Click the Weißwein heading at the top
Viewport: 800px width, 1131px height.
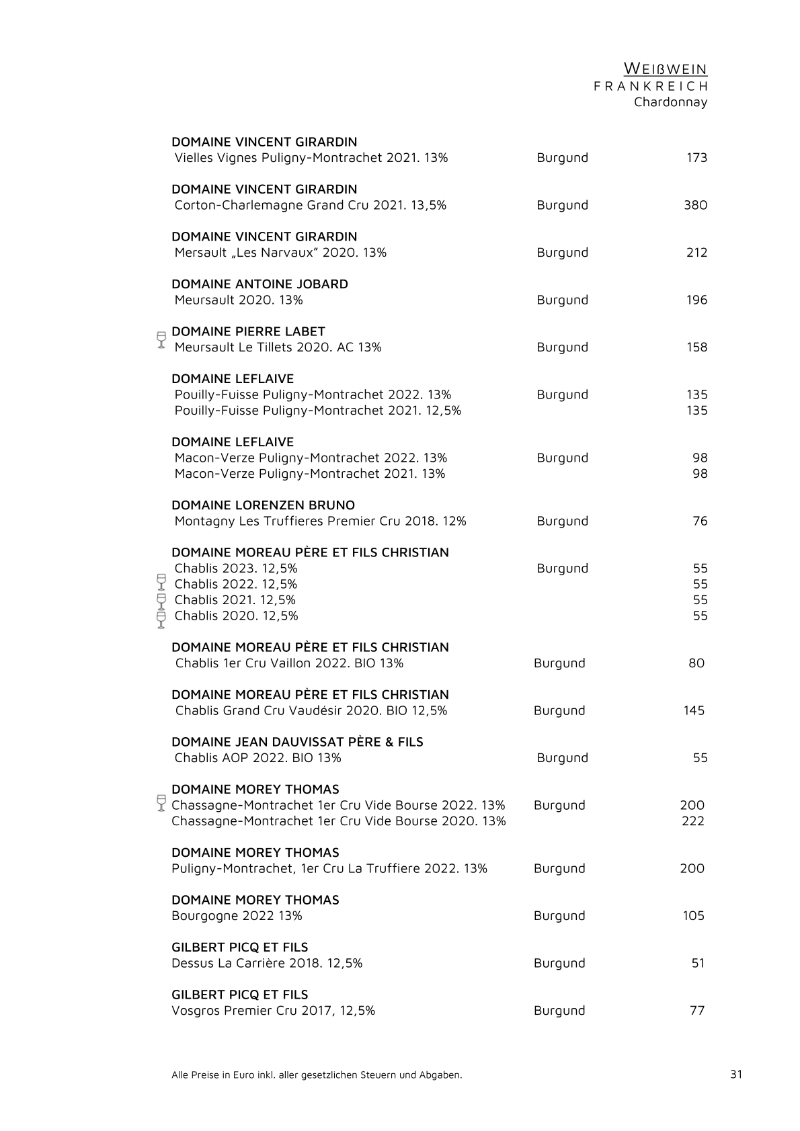pyautogui.click(x=665, y=69)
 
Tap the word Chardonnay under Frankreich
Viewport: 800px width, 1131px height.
pyautogui.click(x=670, y=102)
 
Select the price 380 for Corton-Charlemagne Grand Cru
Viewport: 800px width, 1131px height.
pyautogui.click(x=695, y=205)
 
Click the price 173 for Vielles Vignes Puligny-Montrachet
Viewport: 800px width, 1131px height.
pyautogui.click(x=696, y=158)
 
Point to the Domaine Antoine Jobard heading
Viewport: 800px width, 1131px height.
pyautogui.click(x=259, y=284)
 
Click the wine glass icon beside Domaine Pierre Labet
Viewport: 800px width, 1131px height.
pyautogui.click(x=161, y=339)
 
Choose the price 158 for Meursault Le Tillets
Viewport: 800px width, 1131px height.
pyautogui.click(x=696, y=347)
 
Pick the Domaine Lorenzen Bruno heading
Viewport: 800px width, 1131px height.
pyautogui.click(x=263, y=505)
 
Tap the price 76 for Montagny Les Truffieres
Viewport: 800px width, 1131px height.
pyautogui.click(x=700, y=521)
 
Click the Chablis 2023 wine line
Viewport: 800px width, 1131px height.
pyautogui.click(x=235, y=569)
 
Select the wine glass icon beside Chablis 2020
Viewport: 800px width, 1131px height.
pyautogui.click(x=161, y=619)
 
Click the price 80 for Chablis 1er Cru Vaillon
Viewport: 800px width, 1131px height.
pyautogui.click(x=696, y=663)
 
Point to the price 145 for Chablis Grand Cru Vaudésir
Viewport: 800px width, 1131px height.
pyautogui.click(x=694, y=710)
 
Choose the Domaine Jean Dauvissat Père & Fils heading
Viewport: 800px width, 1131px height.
pyautogui.click(x=297, y=742)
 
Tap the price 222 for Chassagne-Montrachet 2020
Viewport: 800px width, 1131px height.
pyautogui.click(x=692, y=821)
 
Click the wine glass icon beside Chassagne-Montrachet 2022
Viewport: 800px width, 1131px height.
pyautogui.click(x=161, y=802)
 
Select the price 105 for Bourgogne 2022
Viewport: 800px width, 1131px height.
pyautogui.click(x=693, y=915)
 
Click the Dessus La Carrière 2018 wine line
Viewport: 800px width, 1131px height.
pyautogui.click(x=267, y=963)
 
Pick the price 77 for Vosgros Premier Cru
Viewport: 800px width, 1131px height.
pyautogui.click(x=697, y=1010)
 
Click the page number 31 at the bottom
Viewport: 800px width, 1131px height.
pyautogui.click(x=736, y=1074)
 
